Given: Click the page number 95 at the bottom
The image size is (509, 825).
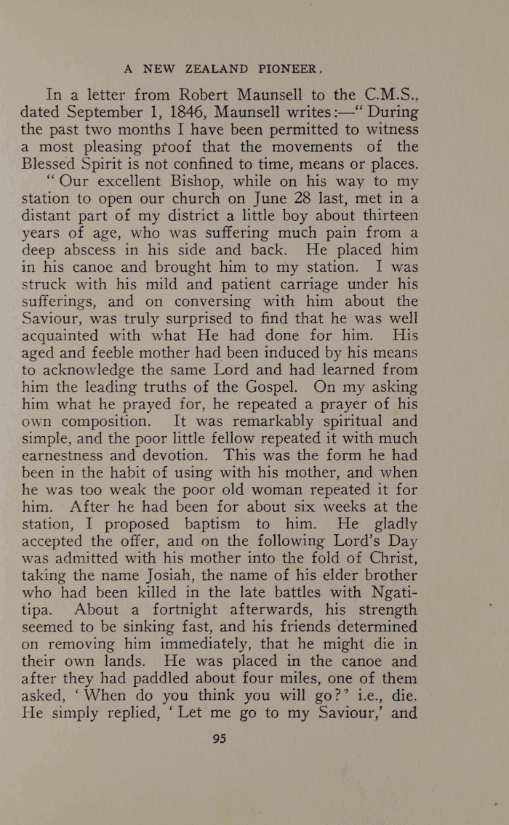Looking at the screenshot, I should click(x=219, y=739).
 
